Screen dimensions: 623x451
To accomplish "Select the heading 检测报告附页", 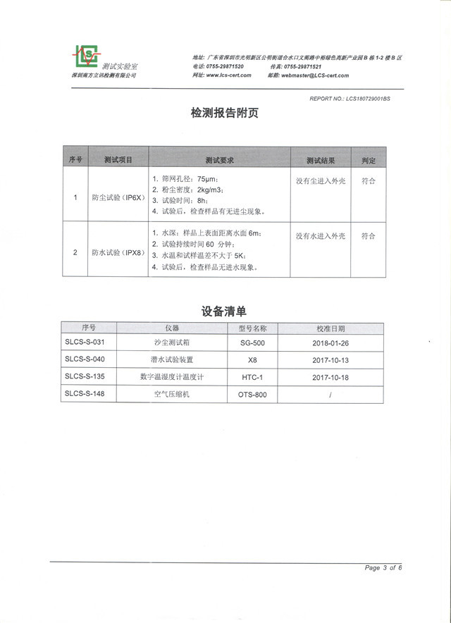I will pos(224,113).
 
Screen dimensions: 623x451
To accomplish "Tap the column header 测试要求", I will pos(219,160).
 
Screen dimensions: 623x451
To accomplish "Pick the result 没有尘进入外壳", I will pos(320,180).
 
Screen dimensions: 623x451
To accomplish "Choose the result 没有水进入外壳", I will pos(320,236).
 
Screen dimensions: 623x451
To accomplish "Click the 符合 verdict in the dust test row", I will pos(368,180).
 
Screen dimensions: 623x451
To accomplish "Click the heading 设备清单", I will pos(224,310).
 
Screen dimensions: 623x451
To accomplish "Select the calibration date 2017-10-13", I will pos(330,359).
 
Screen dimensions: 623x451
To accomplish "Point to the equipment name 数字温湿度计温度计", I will pos(172,377).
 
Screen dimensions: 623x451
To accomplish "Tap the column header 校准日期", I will pos(331,328).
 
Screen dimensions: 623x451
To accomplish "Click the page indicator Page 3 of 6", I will pos(383,568).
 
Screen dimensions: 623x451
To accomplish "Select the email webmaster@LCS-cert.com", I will pos(315,75).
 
